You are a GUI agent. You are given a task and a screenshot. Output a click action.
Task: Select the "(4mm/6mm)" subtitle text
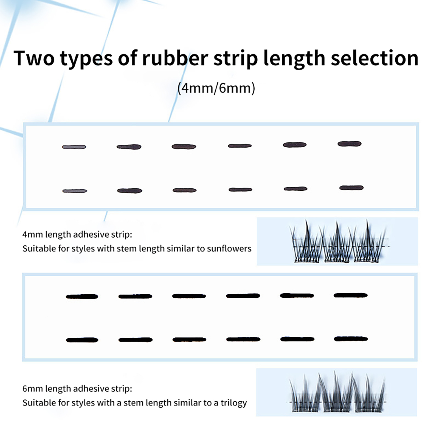[x=216, y=88]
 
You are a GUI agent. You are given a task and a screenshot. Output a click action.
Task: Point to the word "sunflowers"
[x=229, y=249]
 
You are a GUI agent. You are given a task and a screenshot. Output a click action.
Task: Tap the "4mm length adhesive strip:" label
[x=77, y=235]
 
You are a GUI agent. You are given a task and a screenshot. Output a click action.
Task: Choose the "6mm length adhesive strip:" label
[x=77, y=389]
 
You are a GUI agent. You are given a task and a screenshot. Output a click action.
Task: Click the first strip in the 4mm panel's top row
[x=74, y=147]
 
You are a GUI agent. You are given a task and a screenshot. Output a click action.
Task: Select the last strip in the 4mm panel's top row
[x=350, y=144]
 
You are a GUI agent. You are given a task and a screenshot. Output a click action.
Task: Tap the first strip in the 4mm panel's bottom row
[x=75, y=191]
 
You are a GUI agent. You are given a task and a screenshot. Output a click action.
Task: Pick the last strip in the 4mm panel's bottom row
[x=351, y=188]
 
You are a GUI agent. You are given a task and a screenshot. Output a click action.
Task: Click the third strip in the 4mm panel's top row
[x=184, y=147]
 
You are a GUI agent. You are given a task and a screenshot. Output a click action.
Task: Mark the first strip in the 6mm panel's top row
[x=82, y=297]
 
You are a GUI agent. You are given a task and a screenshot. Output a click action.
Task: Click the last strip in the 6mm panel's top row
[x=350, y=295]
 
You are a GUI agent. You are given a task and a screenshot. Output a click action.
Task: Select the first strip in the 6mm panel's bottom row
[x=82, y=340]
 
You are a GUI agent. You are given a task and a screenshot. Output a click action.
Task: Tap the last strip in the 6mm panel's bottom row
[x=351, y=339]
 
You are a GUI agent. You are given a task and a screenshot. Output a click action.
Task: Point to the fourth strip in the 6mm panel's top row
[x=243, y=296]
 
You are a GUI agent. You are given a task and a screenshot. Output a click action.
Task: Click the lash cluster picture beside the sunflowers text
[x=337, y=241]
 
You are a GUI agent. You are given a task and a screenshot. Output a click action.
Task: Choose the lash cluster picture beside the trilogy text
[x=337, y=392]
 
